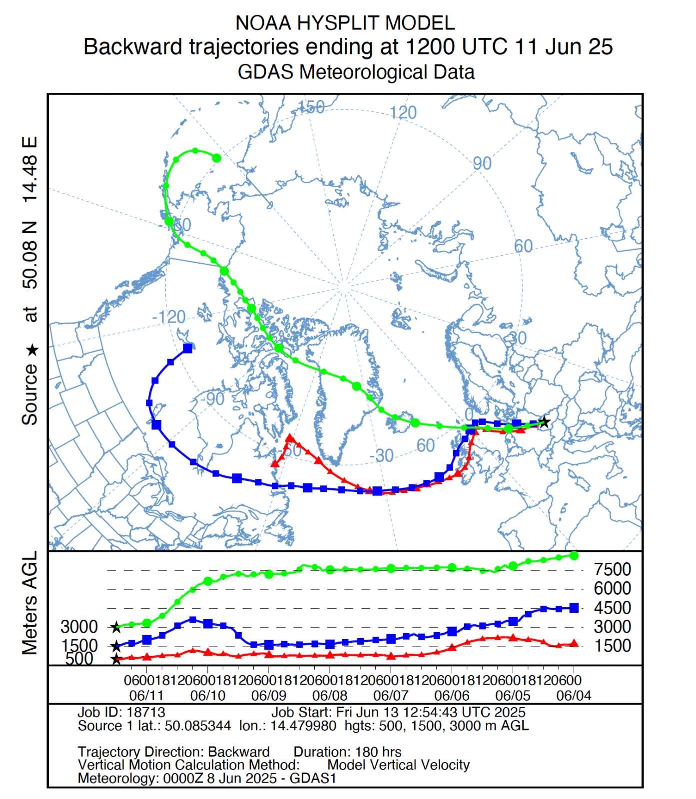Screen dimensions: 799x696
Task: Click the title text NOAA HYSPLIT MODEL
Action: pos(345,23)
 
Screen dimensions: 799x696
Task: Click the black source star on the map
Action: pos(545,422)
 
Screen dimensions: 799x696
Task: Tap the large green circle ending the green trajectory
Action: pos(216,158)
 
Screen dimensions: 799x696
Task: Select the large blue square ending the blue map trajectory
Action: pos(188,348)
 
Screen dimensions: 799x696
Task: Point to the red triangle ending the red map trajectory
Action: pos(274,463)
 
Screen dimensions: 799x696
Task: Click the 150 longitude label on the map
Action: pos(311,107)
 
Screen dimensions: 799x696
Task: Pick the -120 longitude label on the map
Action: pos(169,317)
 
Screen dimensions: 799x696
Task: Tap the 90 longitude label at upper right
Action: pos(482,163)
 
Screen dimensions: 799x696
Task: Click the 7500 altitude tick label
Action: pos(612,569)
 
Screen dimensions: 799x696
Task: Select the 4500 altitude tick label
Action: pos(612,607)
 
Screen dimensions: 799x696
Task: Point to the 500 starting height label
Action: pos(79,659)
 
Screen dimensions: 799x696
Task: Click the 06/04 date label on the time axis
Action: pos(574,695)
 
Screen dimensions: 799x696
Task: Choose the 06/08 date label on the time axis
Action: pos(330,695)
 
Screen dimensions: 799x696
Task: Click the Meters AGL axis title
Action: pos(30,602)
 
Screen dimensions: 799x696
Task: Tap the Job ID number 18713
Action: pos(146,712)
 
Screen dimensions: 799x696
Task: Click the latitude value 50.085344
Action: pos(198,726)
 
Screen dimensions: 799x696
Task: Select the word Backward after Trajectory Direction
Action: pos(238,752)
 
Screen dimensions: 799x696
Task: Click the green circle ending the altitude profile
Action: pos(574,555)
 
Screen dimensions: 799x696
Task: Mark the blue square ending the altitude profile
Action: pos(574,608)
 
